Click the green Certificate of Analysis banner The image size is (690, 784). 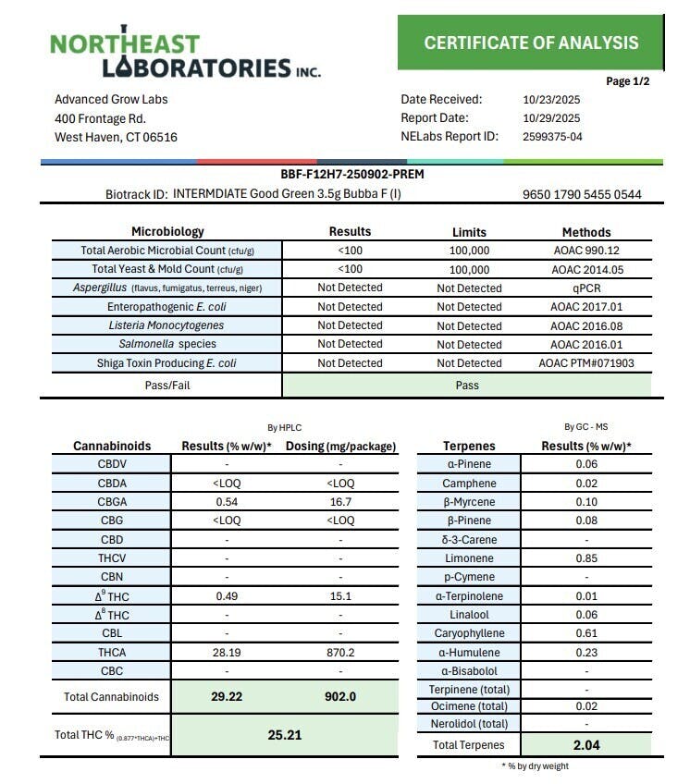pyautogui.click(x=531, y=43)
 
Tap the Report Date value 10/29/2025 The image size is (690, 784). pyautogui.click(x=551, y=118)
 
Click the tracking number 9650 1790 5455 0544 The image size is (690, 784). pyautogui.click(x=582, y=195)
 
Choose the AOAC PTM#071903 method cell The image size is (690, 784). pyautogui.click(x=586, y=363)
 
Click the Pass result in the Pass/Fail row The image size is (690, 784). pyautogui.click(x=466, y=385)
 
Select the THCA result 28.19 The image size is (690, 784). pyautogui.click(x=228, y=653)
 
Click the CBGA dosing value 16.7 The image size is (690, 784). pyautogui.click(x=340, y=502)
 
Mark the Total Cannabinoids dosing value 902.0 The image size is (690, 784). pyautogui.click(x=340, y=697)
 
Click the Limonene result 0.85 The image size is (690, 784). pyautogui.click(x=586, y=558)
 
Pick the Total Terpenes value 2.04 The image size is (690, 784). pyautogui.click(x=586, y=744)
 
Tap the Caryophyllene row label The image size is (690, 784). pyautogui.click(x=469, y=633)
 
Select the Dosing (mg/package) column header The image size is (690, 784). pyautogui.click(x=340, y=447)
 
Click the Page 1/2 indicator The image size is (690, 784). pyautogui.click(x=628, y=81)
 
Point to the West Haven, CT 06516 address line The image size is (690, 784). pyautogui.click(x=116, y=138)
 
